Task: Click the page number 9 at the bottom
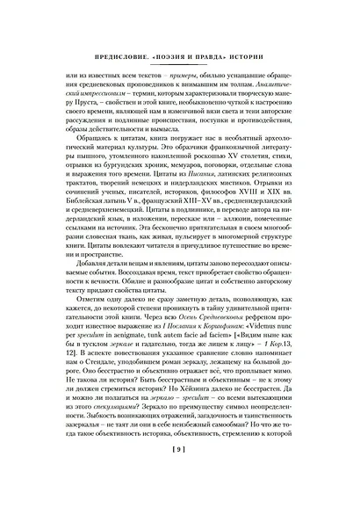click(x=179, y=476)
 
